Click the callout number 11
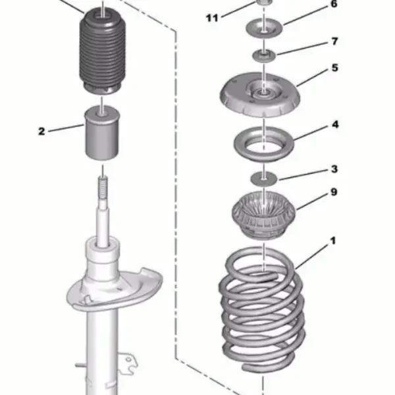211,18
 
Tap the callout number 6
334,4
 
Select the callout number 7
334,41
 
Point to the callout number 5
334,68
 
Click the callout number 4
335,124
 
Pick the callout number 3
334,169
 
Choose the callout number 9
334,192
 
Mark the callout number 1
332,241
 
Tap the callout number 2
41,131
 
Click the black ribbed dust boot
102,51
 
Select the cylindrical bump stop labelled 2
102,133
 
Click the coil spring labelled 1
262,310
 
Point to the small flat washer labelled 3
263,179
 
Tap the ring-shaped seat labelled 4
263,144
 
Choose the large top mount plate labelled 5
260,95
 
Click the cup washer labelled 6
264,28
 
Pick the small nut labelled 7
264,56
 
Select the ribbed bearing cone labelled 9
263,215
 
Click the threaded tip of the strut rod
103,184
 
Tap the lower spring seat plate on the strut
115,290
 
